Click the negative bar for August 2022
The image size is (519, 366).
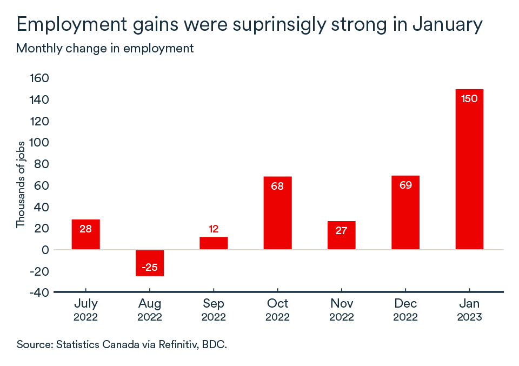pyautogui.click(x=150, y=263)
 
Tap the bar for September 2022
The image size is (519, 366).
pyautogui.click(x=214, y=243)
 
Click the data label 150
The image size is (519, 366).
pyautogui.click(x=469, y=99)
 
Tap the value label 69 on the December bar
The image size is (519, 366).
pyautogui.click(x=405, y=185)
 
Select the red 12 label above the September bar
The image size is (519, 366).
pyautogui.click(x=214, y=229)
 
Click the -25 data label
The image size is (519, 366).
pyautogui.click(x=150, y=268)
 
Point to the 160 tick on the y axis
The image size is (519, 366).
pyautogui.click(x=37, y=78)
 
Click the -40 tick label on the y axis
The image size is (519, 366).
pyautogui.click(x=37, y=292)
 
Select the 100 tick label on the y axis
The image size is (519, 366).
pyautogui.click(x=37, y=143)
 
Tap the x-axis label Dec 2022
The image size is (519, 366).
pyautogui.click(x=405, y=310)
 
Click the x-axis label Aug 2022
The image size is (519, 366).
pyautogui.click(x=150, y=310)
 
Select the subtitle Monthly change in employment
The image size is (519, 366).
pyautogui.click(x=105, y=48)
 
